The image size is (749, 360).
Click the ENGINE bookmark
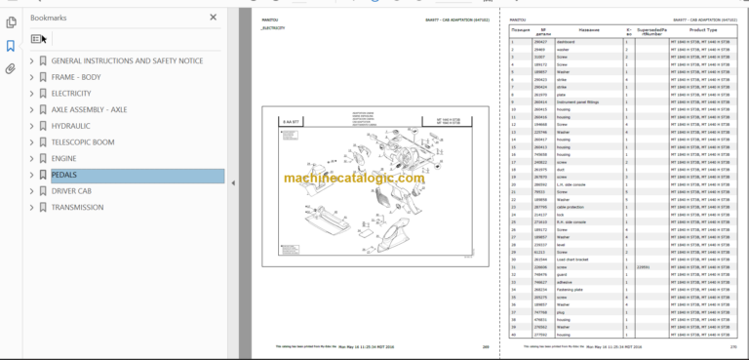[63, 158]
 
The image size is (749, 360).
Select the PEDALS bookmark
[65, 175]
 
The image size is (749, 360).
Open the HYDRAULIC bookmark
[71, 126]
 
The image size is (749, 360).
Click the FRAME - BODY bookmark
[75, 76]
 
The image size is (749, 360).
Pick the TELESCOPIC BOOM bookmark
[82, 141]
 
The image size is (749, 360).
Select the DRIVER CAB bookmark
[71, 191]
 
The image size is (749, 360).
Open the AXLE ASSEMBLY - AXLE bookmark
[89, 109]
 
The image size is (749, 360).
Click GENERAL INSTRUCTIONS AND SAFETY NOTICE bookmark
[127, 60]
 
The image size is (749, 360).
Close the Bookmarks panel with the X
[214, 17]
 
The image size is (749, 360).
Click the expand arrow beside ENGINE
[32, 158]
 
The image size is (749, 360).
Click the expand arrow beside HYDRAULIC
[32, 126]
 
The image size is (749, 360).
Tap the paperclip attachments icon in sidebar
[10, 69]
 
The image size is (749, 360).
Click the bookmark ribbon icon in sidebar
[10, 46]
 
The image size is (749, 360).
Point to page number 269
[483, 346]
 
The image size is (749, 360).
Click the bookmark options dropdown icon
[37, 39]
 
